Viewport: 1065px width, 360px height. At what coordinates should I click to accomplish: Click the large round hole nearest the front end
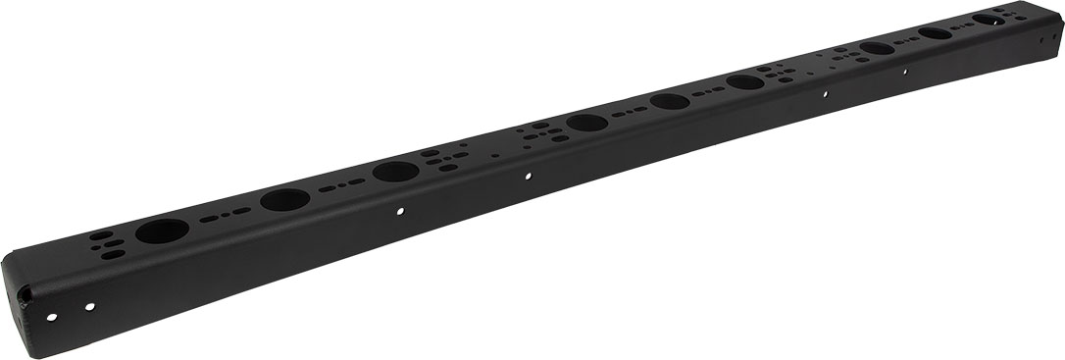[x=162, y=231]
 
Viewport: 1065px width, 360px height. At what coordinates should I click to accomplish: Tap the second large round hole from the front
[x=285, y=200]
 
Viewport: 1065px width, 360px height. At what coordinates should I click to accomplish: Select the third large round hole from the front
[x=396, y=172]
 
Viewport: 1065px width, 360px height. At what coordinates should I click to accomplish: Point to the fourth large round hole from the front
[x=586, y=124]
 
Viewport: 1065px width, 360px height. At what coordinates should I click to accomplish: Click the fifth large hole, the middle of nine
[x=670, y=101]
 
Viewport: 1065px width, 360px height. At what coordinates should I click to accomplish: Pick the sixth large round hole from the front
[x=746, y=81]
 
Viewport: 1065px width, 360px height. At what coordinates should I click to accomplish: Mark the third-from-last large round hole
[x=878, y=48]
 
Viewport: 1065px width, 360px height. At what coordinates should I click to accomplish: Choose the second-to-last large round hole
[x=936, y=33]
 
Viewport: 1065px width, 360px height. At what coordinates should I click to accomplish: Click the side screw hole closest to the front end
[x=53, y=316]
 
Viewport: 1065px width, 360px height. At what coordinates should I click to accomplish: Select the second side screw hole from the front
[x=90, y=306]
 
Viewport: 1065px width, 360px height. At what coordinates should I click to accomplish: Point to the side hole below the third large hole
[x=399, y=210]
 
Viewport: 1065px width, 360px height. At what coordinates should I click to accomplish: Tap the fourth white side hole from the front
[x=528, y=177]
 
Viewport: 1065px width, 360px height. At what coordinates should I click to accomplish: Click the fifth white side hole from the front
[x=825, y=95]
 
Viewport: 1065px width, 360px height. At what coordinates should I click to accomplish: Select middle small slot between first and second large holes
[x=224, y=215]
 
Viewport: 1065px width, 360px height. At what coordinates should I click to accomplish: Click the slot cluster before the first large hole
[x=108, y=244]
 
